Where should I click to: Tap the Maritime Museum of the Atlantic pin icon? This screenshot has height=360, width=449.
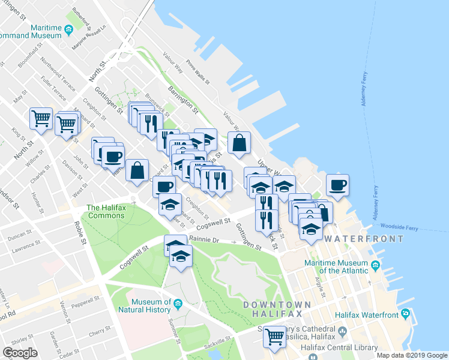[376, 265]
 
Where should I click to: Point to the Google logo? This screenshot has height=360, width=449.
[20, 353]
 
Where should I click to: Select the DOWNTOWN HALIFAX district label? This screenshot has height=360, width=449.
[277, 310]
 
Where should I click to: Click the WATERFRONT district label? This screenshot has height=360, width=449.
[364, 239]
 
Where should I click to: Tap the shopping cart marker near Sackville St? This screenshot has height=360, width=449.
[274, 336]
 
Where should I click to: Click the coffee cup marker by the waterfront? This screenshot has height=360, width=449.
[337, 184]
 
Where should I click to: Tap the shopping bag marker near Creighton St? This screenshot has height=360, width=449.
[137, 170]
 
